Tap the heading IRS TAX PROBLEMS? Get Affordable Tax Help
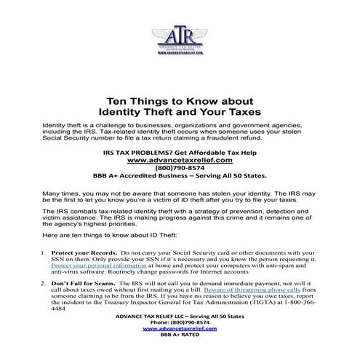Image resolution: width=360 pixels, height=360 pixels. pos(180,151)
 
